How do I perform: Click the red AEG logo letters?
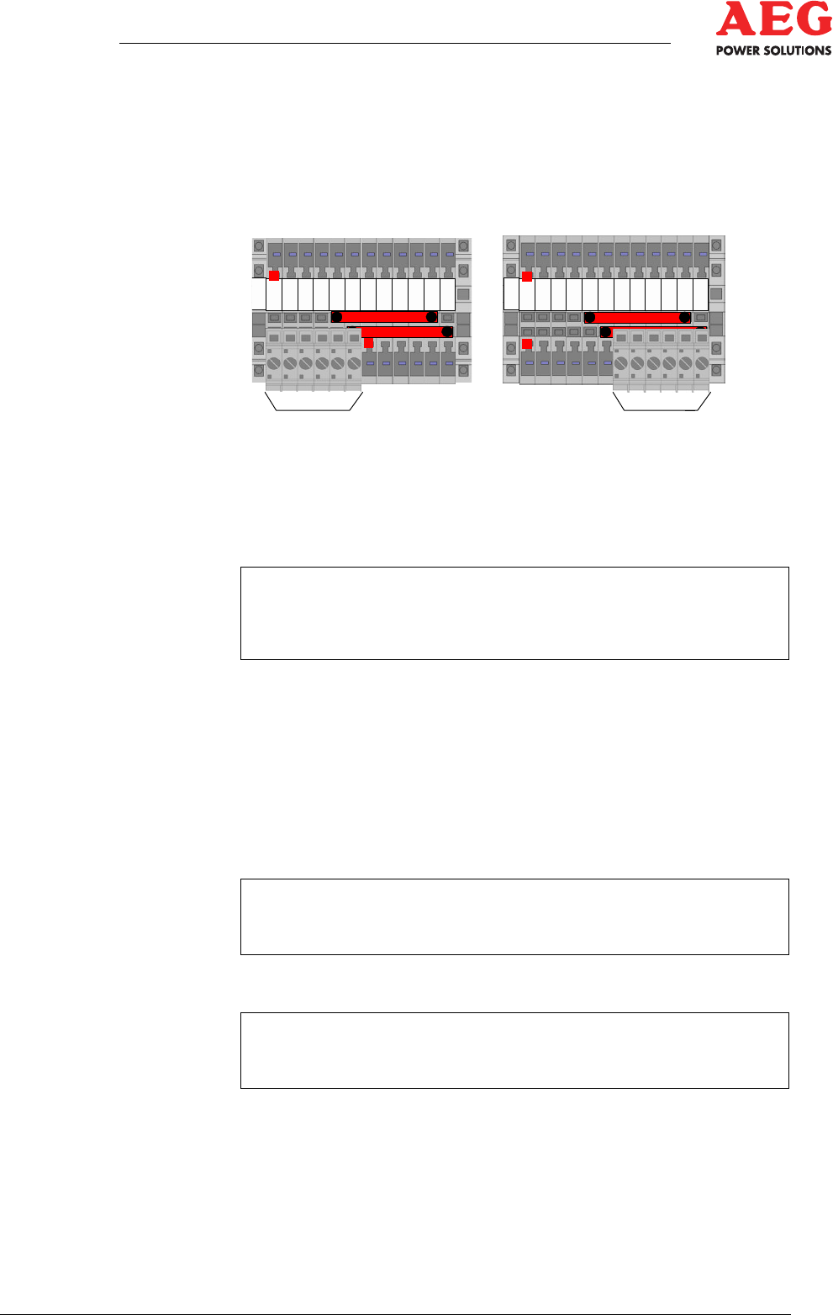click(x=773, y=18)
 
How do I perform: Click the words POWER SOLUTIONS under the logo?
click(x=773, y=50)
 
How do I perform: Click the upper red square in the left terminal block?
click(x=274, y=275)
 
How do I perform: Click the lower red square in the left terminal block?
click(x=368, y=343)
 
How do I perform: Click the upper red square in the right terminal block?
click(x=527, y=276)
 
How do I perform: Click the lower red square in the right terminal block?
click(x=527, y=343)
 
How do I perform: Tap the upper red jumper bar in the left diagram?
click(x=384, y=317)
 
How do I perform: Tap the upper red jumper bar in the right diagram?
click(x=637, y=318)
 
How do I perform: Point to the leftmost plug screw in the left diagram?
click(x=273, y=364)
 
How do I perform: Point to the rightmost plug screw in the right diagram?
click(x=702, y=364)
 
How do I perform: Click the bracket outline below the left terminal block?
click(x=314, y=409)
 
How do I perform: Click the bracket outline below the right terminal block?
click(x=662, y=409)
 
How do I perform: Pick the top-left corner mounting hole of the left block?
click(x=259, y=246)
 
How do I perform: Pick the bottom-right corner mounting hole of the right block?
click(x=716, y=371)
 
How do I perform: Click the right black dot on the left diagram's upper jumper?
click(x=431, y=317)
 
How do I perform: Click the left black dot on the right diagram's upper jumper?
click(x=590, y=318)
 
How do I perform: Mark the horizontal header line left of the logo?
click(x=395, y=43)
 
